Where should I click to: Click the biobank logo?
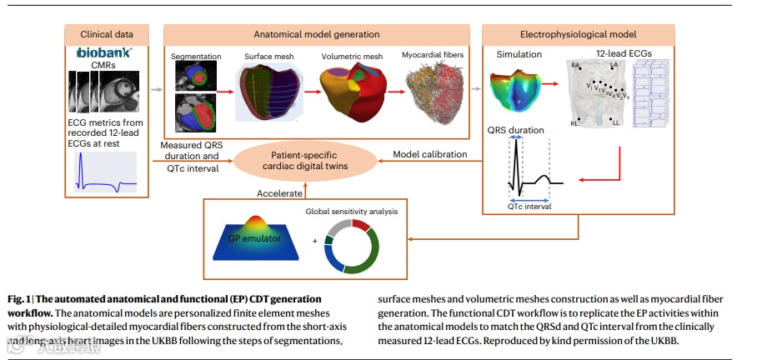tap(104, 52)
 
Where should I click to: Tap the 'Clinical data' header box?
tap(106, 34)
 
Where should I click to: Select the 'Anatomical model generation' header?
tap(316, 34)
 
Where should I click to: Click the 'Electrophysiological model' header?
tap(579, 34)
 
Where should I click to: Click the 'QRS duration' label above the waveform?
tap(514, 130)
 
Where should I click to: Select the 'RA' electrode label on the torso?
tap(575, 64)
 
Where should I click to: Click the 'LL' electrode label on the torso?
tap(615, 123)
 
